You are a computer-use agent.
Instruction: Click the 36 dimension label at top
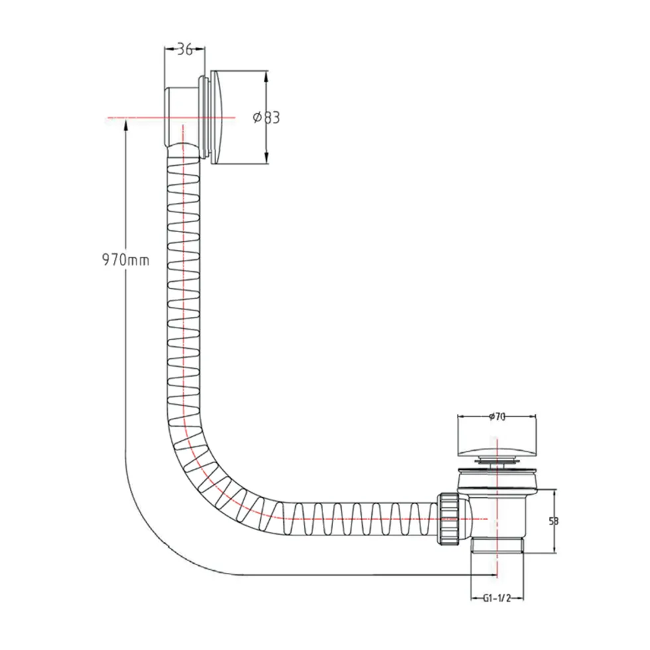click(185, 50)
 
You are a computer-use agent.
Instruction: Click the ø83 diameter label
click(267, 118)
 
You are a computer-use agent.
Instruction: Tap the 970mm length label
click(125, 260)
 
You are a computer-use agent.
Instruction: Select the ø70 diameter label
click(497, 417)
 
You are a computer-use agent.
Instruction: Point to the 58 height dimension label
click(554, 521)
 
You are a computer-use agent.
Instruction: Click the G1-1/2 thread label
click(497, 598)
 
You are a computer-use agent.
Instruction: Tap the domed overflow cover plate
click(220, 118)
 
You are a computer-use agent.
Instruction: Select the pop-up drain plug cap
click(497, 450)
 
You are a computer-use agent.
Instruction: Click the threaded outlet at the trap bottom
click(497, 545)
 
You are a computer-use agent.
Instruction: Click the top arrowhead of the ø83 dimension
click(266, 76)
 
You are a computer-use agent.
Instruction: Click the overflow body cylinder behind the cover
click(181, 117)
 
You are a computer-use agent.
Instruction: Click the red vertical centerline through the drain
click(496, 505)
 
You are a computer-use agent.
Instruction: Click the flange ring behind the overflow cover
click(204, 117)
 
